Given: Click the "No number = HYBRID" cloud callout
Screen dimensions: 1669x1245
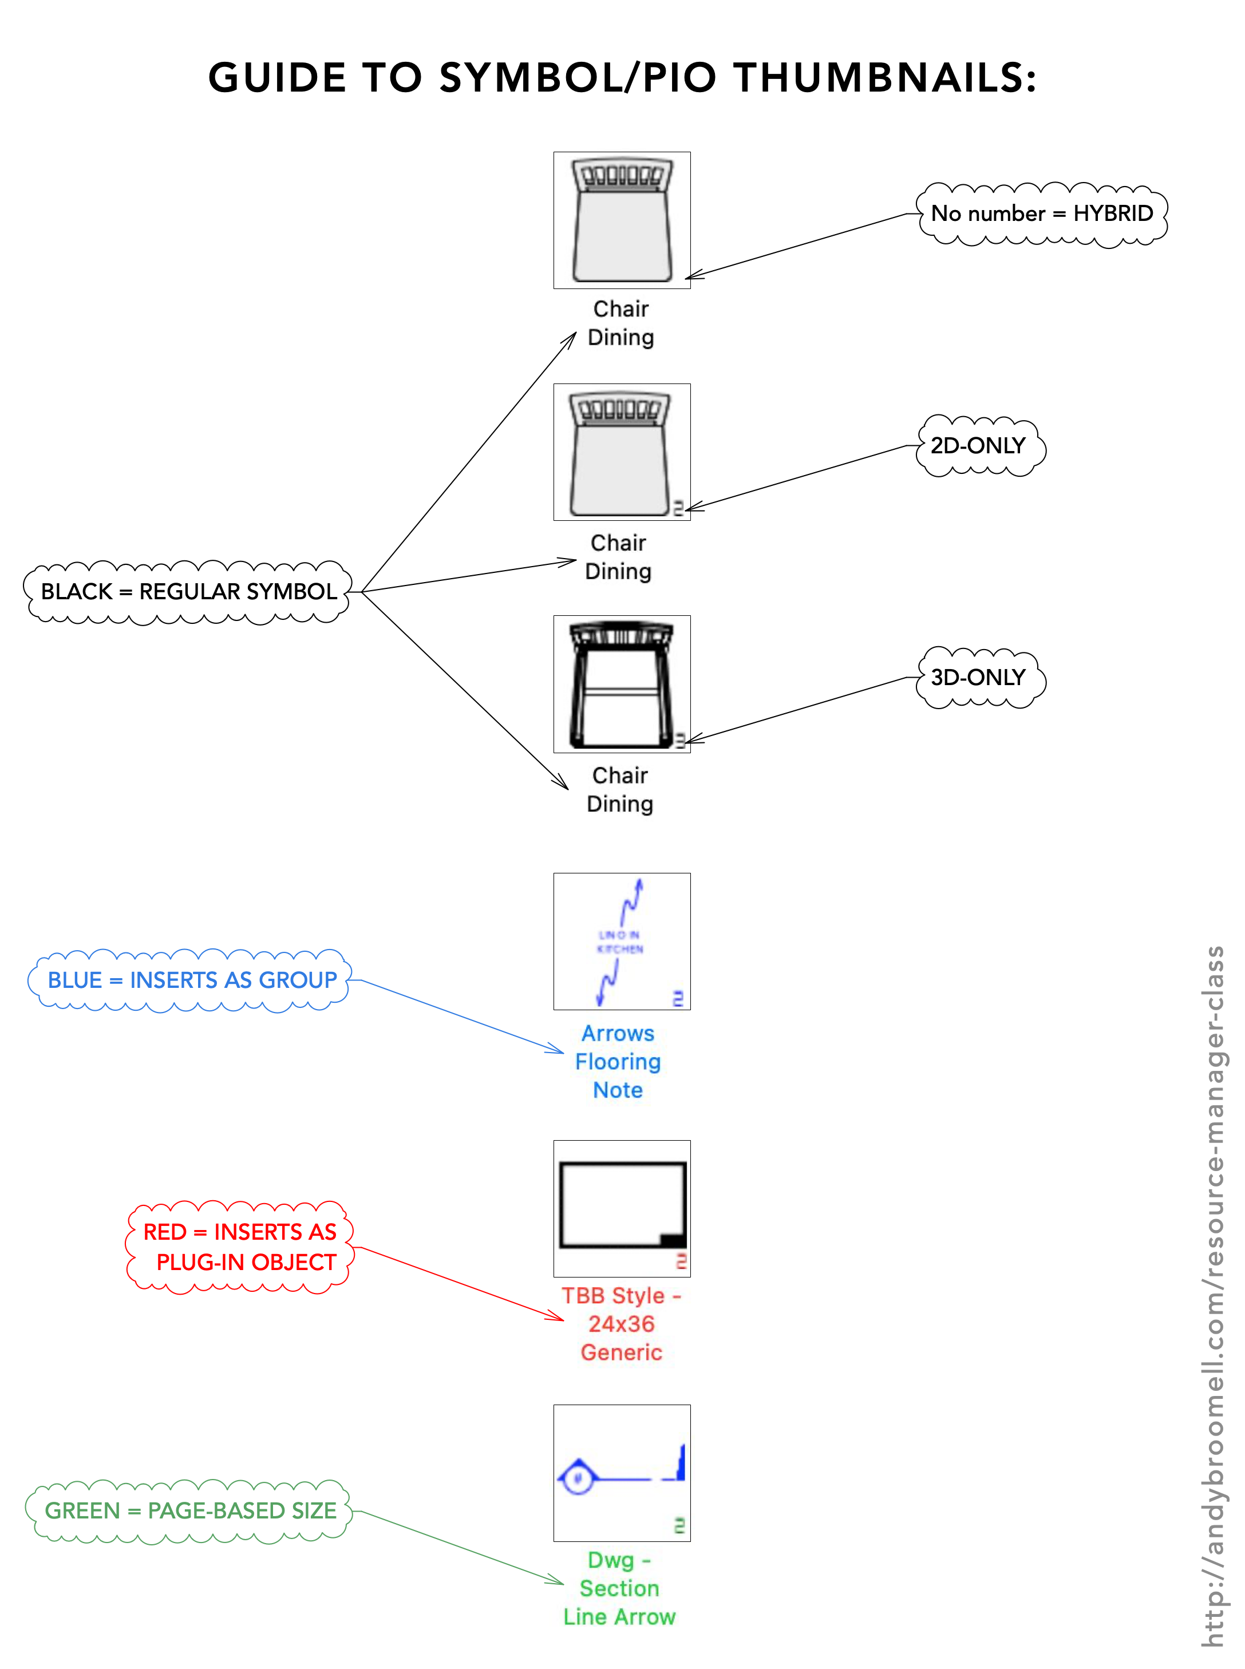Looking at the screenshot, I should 1042,214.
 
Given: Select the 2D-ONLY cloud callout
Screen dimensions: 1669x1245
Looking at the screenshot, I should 978,446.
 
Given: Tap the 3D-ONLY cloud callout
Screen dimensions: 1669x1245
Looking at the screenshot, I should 978,678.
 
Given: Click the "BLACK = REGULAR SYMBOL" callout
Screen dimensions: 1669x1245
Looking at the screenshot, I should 188,592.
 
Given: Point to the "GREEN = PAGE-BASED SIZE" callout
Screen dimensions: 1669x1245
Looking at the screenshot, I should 190,1511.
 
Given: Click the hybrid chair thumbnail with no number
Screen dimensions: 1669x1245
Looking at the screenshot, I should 622,220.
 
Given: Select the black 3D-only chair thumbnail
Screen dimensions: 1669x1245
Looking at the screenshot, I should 622,684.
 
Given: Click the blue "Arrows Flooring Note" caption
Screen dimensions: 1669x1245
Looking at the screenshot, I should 618,1062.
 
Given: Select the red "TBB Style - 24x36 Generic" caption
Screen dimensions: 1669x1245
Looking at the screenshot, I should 622,1324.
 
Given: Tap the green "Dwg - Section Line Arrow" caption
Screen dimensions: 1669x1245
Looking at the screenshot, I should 619,1588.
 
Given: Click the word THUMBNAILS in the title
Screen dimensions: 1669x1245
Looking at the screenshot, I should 886,78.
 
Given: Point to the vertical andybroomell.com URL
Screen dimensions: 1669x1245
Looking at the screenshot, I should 1214,1296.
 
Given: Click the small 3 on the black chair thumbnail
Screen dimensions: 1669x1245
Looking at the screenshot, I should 680,741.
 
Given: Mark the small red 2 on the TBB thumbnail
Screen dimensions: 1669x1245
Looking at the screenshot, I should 681,1261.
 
